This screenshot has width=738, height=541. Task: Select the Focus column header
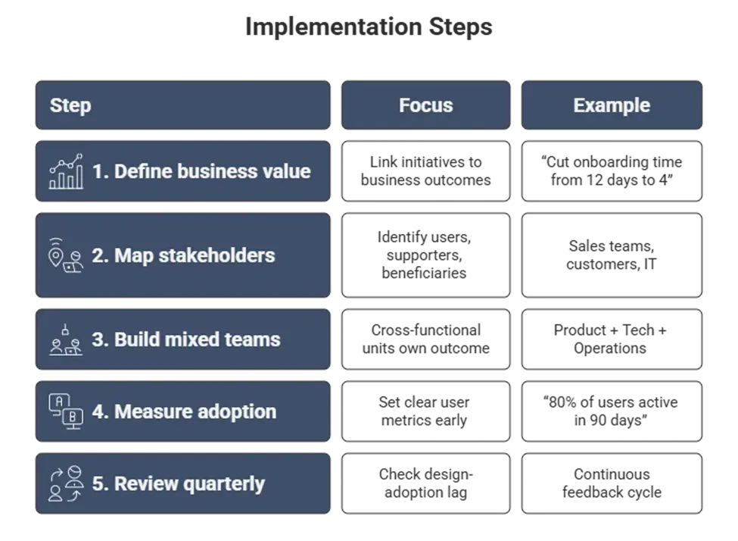click(425, 105)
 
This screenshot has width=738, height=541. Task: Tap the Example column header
click(612, 105)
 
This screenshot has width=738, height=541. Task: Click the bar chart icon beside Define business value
click(66, 171)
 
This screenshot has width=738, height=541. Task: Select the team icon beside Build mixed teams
click(66, 339)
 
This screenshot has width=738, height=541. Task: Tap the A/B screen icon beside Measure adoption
click(66, 411)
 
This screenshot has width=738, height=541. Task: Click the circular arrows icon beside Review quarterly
click(66, 483)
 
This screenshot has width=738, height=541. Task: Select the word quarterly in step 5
click(226, 483)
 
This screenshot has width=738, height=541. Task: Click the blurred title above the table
click(369, 27)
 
